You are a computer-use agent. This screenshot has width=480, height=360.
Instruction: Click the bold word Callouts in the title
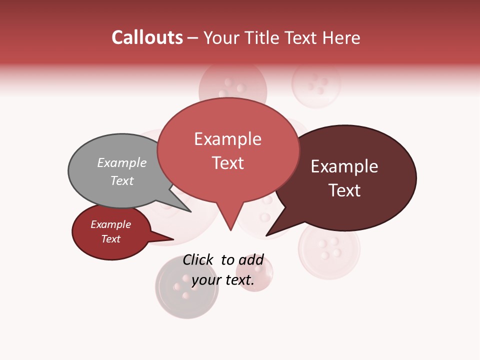(147, 37)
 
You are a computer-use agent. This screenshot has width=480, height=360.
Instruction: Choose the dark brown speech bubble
(350, 177)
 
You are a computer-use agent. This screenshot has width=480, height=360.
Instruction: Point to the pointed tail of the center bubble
(230, 227)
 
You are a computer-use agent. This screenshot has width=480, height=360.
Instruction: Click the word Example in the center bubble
(227, 139)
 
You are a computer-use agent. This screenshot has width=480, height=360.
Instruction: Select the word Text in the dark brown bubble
(344, 190)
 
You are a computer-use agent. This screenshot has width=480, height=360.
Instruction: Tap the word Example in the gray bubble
(122, 163)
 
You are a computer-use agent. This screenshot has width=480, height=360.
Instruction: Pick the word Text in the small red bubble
(111, 239)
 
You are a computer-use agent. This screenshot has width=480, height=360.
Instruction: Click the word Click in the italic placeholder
(198, 259)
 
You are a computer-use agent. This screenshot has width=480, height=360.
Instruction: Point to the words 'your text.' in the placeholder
(223, 280)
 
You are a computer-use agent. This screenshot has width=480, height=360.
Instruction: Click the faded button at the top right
(316, 83)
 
